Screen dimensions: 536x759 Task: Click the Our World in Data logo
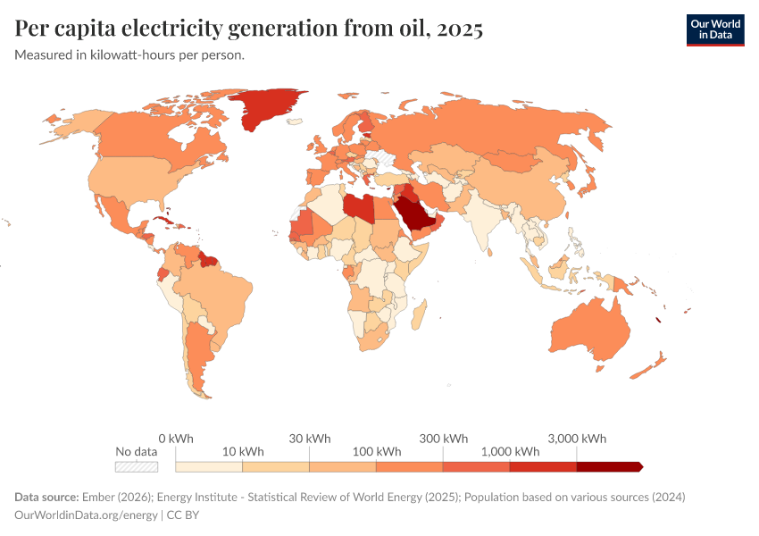click(x=714, y=29)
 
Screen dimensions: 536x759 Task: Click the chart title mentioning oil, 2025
click(x=249, y=29)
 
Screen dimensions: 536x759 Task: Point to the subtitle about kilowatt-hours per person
click(x=129, y=55)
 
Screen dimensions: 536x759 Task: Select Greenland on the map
click(x=268, y=107)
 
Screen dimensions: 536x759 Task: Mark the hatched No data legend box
click(x=137, y=466)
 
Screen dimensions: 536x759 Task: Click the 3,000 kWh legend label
click(x=577, y=439)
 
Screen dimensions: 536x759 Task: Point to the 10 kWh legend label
click(x=242, y=451)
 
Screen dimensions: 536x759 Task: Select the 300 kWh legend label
click(x=443, y=439)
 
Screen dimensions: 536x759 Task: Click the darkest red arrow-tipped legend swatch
click(x=609, y=466)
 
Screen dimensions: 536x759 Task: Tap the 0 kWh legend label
click(x=175, y=439)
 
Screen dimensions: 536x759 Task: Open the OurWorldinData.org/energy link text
click(x=85, y=515)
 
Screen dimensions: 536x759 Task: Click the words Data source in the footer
click(x=46, y=497)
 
